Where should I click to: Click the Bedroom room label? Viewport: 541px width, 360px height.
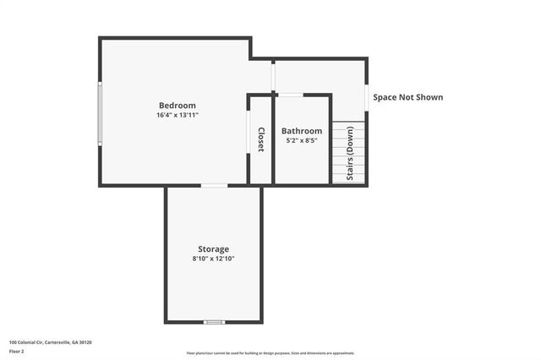(177, 106)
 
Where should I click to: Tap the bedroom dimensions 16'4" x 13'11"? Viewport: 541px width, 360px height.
(177, 115)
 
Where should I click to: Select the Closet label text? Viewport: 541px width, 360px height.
(261, 139)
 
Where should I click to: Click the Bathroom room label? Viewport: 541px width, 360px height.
(302, 131)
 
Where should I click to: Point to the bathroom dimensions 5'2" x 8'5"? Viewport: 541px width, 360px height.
(302, 140)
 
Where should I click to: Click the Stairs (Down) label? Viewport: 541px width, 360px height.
(350, 155)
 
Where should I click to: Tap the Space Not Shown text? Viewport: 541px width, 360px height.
(408, 97)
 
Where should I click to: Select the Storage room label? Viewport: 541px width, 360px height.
(213, 249)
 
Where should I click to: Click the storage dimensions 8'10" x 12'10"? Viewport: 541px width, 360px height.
(213, 259)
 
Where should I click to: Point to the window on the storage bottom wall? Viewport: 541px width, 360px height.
(214, 322)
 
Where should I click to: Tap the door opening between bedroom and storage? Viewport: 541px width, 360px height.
(214, 185)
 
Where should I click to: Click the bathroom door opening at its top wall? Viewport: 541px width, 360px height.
(292, 95)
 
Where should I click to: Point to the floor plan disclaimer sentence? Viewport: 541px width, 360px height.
(270, 353)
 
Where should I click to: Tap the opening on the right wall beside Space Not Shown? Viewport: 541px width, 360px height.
(367, 94)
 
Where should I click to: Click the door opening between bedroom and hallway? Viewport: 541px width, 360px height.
(273, 76)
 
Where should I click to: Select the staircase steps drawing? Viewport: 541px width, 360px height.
(349, 153)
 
